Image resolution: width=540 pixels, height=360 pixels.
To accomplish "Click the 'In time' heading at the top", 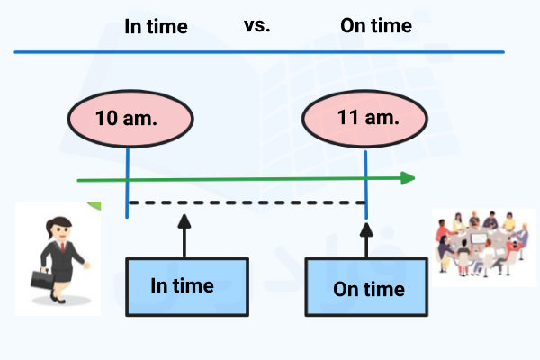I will coord(156,26).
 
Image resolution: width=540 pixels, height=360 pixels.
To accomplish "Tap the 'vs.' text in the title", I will coord(256,24).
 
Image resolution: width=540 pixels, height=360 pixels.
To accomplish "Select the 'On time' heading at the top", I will coord(376,25).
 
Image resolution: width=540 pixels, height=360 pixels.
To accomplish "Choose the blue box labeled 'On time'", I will coord(367,288).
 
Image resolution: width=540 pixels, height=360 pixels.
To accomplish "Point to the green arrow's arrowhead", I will coord(408,178).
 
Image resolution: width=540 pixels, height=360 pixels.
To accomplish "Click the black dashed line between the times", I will coord(247,202).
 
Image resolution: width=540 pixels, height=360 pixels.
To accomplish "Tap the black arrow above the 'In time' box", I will coord(184,236).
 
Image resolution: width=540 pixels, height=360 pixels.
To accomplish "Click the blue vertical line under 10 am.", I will coord(128,180).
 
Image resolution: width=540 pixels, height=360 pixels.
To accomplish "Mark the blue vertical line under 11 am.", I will coord(365,180).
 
